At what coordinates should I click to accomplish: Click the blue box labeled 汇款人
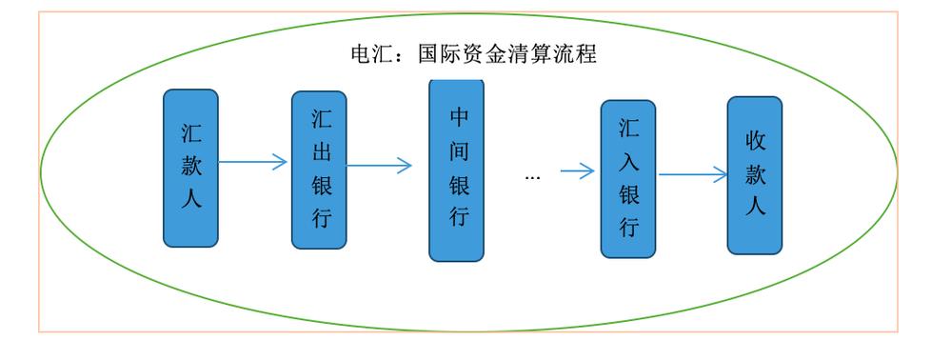point(190,168)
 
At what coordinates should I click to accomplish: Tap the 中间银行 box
point(456,170)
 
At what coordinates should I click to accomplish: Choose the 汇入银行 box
point(628,179)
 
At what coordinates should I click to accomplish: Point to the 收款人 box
point(755,175)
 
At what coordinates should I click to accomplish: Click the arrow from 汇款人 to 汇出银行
point(252,162)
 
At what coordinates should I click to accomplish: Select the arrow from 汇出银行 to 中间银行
point(379,166)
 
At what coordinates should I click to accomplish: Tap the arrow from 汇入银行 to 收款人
point(693,174)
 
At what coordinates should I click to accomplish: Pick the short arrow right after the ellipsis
point(577,171)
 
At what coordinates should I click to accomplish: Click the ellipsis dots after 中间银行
point(533,177)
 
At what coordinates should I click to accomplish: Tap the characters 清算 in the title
point(530,54)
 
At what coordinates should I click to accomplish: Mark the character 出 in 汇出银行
point(321,152)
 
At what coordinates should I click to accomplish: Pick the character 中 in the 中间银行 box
point(459,117)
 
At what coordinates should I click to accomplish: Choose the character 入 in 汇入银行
point(628,161)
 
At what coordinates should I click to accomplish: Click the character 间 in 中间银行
point(459,150)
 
